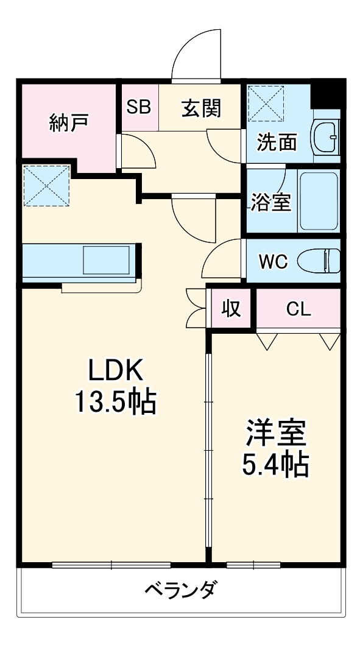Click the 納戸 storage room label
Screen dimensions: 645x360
click(69, 122)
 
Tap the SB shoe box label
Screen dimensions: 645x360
click(139, 108)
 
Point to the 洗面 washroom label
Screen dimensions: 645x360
click(277, 142)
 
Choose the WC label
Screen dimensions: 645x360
click(273, 261)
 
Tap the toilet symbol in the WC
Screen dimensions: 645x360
click(319, 261)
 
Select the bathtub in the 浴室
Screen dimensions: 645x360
click(318, 201)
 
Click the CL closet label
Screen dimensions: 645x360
click(298, 309)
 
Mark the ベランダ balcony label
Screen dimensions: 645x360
click(180, 590)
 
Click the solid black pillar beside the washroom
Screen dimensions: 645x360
click(325, 93)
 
